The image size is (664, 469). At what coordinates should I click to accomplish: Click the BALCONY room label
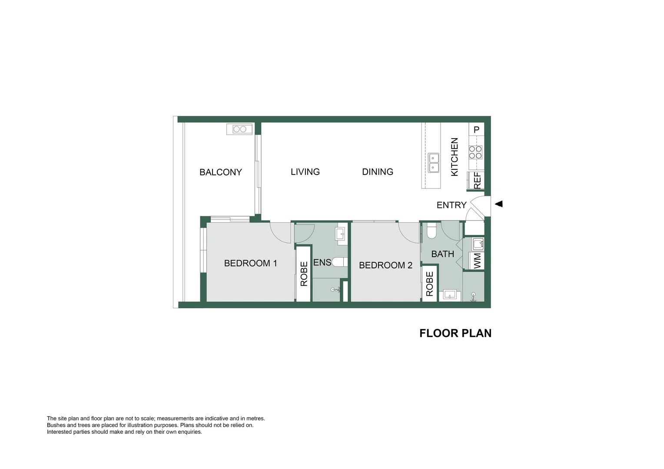point(220,172)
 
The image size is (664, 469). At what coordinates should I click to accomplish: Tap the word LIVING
point(305,172)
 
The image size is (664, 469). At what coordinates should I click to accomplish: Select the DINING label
point(377,172)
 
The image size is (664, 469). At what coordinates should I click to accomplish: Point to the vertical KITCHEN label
point(455,157)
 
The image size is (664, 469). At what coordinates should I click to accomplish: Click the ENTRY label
point(451,205)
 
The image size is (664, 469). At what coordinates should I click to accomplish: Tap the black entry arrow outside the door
point(499,204)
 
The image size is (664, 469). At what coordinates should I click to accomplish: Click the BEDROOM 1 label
point(250,263)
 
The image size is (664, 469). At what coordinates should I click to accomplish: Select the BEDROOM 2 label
point(385,265)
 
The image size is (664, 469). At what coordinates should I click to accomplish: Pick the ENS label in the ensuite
point(322,262)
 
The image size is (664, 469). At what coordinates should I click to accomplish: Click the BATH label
point(442,254)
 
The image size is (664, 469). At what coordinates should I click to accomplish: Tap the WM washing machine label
point(478,261)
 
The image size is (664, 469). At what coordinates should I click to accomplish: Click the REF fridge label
point(477,181)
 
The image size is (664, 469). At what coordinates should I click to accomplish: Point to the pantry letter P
point(476,129)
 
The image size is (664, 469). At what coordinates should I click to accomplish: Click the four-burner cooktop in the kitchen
point(475,152)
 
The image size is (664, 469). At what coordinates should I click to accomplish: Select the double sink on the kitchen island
point(433,163)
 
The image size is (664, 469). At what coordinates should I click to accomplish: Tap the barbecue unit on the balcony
point(239,129)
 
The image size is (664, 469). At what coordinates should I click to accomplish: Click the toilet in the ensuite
point(339,262)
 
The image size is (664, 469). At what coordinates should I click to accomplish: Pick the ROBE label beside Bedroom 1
point(304,274)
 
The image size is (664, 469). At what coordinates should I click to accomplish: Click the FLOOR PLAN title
point(455,333)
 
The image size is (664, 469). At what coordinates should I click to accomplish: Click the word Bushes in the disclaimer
point(56,425)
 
